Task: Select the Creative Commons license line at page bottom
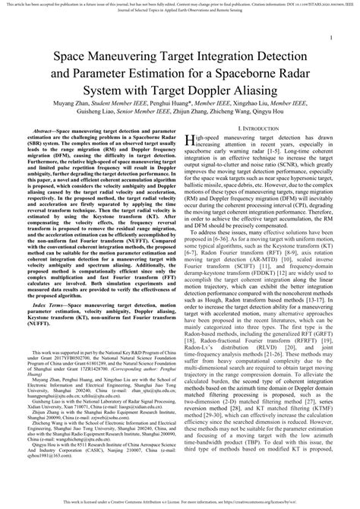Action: [179, 502]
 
